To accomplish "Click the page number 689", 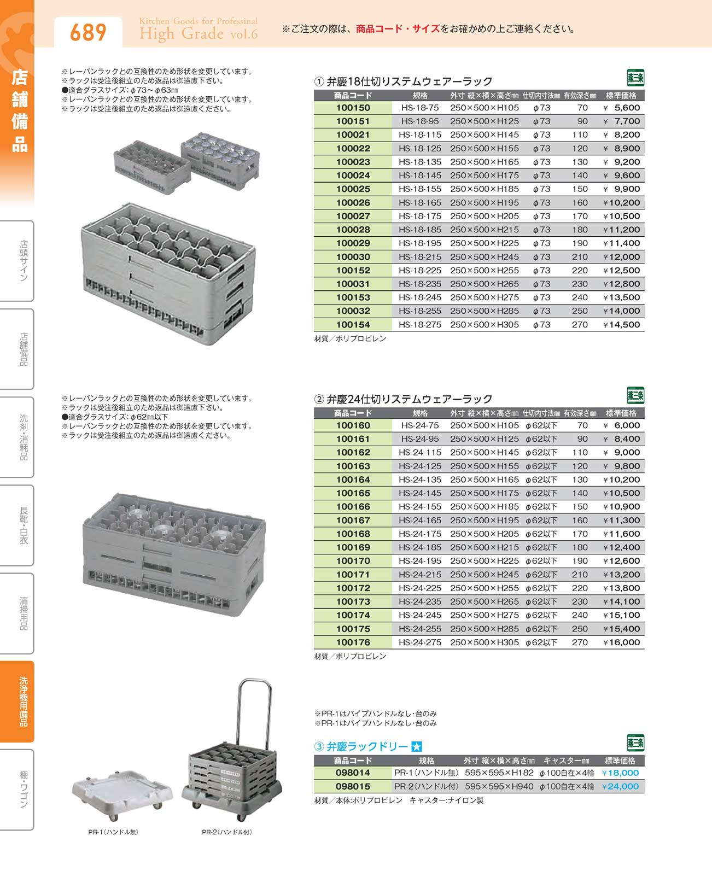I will click(x=87, y=33).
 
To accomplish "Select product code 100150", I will click(x=353, y=108).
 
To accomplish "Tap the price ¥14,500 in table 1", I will click(x=621, y=325).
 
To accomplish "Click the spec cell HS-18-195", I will click(x=419, y=243).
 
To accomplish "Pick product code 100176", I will click(x=353, y=642).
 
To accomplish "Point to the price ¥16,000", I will click(x=621, y=642).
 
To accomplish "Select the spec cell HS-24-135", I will click(x=419, y=480).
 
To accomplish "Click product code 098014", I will click(x=353, y=773).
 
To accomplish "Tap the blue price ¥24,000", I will click(x=620, y=786).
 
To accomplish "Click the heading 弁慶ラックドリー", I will click(x=367, y=746).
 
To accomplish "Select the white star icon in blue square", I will click(x=416, y=747).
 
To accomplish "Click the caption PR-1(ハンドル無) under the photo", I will click(x=113, y=832).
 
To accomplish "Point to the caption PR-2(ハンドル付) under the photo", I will click(x=226, y=832).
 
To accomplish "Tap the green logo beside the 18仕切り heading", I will click(x=635, y=78).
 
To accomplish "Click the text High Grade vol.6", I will click(x=198, y=34).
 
